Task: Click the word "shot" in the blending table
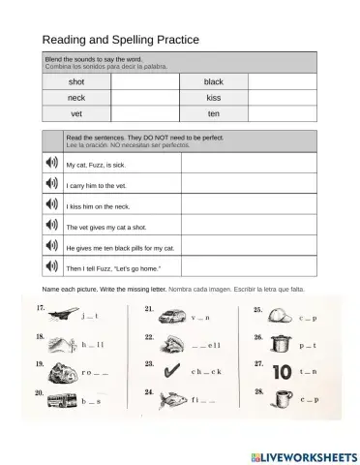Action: pyautogui.click(x=76, y=82)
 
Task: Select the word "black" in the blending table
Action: pyautogui.click(x=213, y=82)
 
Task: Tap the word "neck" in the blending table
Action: pyautogui.click(x=76, y=98)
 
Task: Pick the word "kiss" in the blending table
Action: pyautogui.click(x=213, y=98)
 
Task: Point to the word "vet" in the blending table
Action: pyautogui.click(x=75, y=113)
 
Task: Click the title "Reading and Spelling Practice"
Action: pyautogui.click(x=120, y=40)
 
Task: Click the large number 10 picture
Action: pyautogui.click(x=283, y=371)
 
